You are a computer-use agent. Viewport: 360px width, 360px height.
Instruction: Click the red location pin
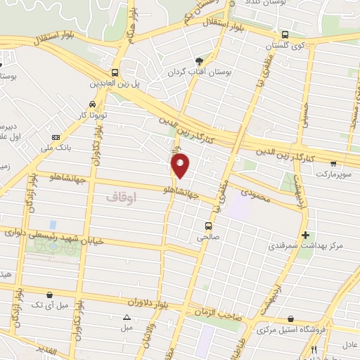[181, 165]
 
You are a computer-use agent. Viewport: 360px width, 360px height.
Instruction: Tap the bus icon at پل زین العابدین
[115, 72]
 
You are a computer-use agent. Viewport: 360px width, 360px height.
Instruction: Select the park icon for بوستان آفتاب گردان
[199, 61]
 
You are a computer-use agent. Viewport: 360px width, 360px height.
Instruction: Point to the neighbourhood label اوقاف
[121, 198]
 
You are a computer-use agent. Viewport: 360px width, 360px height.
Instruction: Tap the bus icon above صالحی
[208, 226]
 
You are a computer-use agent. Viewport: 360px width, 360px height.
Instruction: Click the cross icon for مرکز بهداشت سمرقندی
[304, 235]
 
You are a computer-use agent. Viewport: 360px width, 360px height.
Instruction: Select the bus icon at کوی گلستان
[285, 34]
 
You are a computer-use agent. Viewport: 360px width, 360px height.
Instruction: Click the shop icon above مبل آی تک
[49, 295]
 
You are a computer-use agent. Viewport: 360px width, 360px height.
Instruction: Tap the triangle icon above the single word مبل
[127, 317]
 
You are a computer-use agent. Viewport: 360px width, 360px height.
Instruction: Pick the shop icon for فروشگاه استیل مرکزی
[290, 319]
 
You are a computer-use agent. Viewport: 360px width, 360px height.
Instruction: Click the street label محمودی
[255, 193]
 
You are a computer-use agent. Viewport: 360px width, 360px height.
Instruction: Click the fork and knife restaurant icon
[314, 349]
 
